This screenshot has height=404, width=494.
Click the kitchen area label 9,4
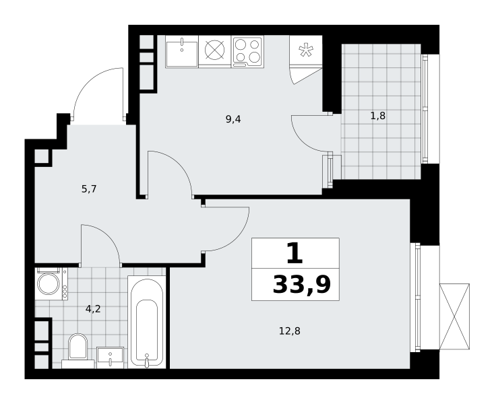[x=233, y=119]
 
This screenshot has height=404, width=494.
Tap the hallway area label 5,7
[x=89, y=189]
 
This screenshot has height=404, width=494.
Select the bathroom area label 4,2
[x=93, y=309]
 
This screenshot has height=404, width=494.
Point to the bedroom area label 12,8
[x=290, y=331]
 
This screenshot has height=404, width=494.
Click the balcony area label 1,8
[x=378, y=116]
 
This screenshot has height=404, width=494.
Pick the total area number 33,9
[x=302, y=285]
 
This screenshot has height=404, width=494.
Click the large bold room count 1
[x=295, y=253]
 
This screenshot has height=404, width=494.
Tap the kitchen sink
[x=182, y=52]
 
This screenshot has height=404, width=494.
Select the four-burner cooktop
[x=247, y=52]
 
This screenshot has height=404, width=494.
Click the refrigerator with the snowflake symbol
[x=306, y=50]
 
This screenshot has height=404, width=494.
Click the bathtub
[x=147, y=322]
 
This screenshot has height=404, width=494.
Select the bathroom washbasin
[x=110, y=358]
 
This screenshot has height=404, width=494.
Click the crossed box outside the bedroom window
[x=454, y=316]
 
